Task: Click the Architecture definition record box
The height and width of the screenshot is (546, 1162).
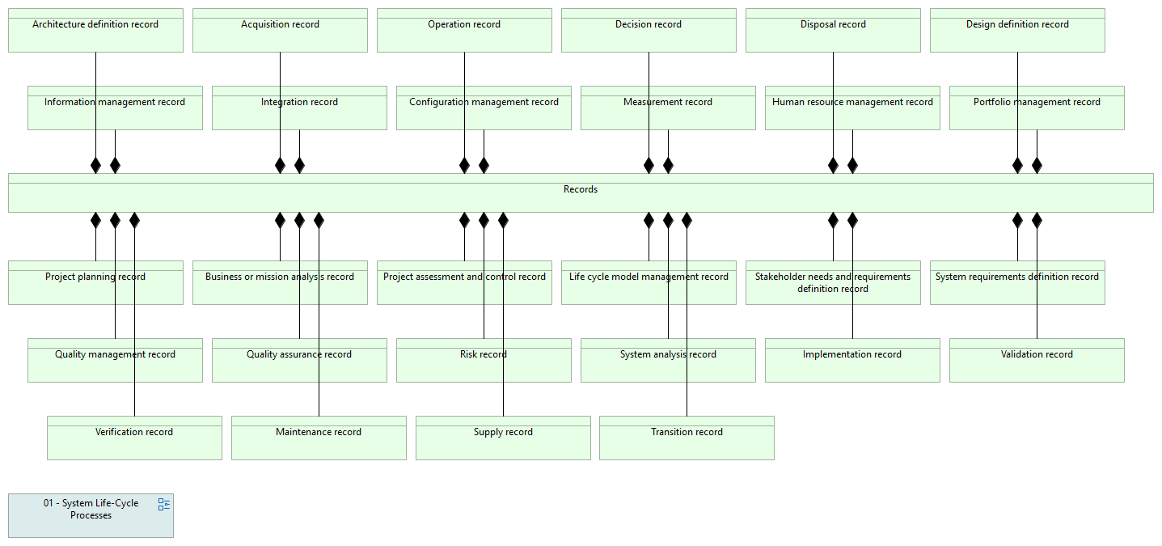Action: click(95, 30)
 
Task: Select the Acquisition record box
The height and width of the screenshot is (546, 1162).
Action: click(280, 30)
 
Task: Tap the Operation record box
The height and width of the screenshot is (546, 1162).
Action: click(464, 30)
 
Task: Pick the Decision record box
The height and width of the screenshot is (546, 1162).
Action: click(649, 30)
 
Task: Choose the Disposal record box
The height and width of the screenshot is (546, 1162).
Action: click(833, 30)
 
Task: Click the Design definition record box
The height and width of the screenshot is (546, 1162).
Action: click(1017, 30)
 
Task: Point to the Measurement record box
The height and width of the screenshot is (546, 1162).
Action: click(668, 108)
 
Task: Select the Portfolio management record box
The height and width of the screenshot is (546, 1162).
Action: click(1037, 108)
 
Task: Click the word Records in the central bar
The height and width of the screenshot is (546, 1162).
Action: click(581, 189)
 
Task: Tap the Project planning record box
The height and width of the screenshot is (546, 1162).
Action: click(95, 283)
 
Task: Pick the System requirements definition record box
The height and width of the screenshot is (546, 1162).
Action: click(1017, 283)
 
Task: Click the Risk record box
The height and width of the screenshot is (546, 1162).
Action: click(484, 361)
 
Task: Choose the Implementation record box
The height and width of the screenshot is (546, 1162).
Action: click(852, 361)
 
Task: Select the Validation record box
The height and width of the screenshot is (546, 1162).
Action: click(1037, 361)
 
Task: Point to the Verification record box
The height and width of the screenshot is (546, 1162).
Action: click(134, 438)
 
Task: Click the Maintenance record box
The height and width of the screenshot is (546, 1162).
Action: click(319, 438)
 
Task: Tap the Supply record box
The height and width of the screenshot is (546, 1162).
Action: click(503, 438)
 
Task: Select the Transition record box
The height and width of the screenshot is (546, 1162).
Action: click(687, 438)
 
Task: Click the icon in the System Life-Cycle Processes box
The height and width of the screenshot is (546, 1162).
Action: click(164, 505)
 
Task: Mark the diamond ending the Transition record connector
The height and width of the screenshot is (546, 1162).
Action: click(687, 221)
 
